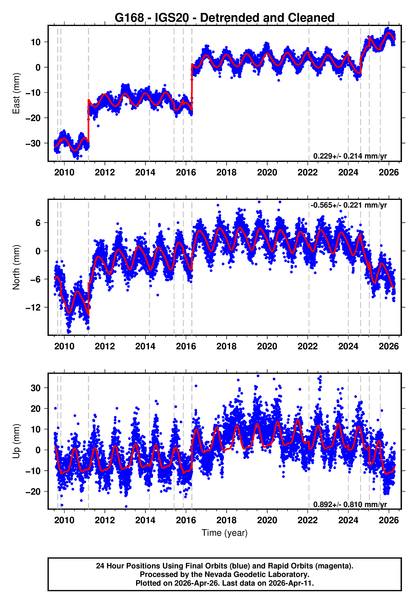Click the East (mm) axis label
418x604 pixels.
pyautogui.click(x=16, y=93)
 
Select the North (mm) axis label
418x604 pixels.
pyautogui.click(x=16, y=267)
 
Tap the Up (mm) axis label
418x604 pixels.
pyautogui.click(x=16, y=441)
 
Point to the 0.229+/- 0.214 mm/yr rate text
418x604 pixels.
pyautogui.click(x=350, y=156)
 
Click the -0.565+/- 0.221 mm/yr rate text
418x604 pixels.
pyautogui.click(x=349, y=205)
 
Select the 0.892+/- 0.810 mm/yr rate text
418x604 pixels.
pyautogui.click(x=350, y=504)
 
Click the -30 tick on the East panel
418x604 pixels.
pyautogui.click(x=33, y=143)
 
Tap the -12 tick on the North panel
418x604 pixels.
pyautogui.click(x=33, y=308)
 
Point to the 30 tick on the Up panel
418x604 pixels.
pyautogui.click(x=36, y=388)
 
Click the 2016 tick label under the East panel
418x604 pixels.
pyautogui.click(x=186, y=172)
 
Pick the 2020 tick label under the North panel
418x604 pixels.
pyautogui.click(x=267, y=346)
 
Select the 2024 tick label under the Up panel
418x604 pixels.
pyautogui.click(x=348, y=520)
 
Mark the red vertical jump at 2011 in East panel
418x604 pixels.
pyautogui.click(x=89, y=120)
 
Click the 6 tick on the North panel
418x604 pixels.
pyautogui.click(x=38, y=223)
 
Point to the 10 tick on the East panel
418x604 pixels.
pyautogui.click(x=36, y=42)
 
